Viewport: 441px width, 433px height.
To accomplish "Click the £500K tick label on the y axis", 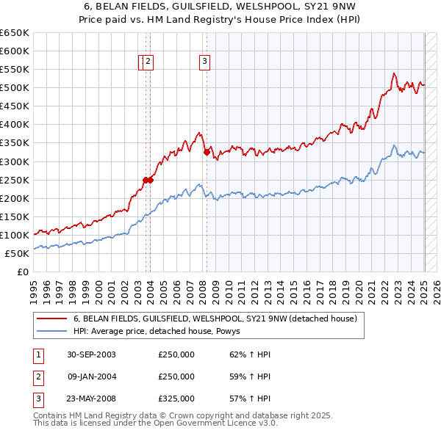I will tap(14, 88).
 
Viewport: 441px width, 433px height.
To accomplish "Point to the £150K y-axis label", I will tap(14, 216).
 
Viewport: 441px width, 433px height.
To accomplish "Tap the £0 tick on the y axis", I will tap(22, 272).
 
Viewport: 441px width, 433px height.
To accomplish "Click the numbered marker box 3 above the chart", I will tap(204, 62).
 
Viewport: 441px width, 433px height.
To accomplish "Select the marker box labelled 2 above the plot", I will tap(148, 62).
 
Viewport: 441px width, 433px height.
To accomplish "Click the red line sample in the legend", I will tap(52, 319).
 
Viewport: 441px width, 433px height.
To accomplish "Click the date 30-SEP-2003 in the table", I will tap(92, 354).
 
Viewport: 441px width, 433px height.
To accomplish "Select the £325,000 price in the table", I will tap(176, 399).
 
